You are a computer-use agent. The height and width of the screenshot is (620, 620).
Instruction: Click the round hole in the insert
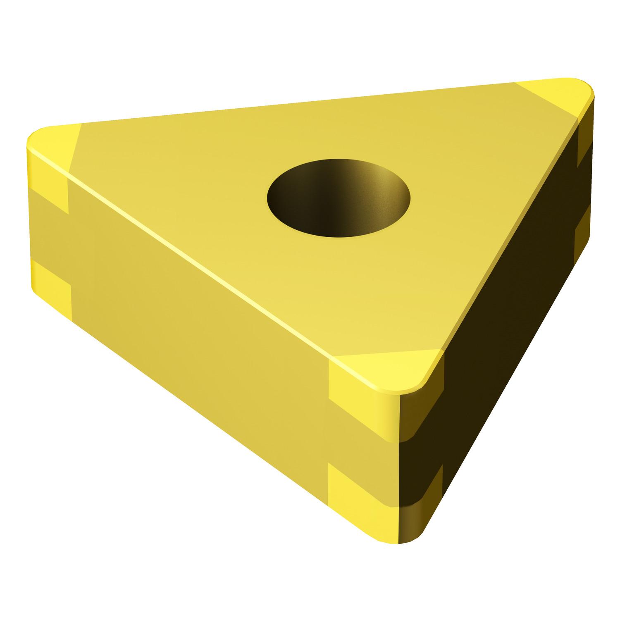(339, 198)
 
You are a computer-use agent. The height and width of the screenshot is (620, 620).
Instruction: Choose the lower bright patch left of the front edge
(351, 492)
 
